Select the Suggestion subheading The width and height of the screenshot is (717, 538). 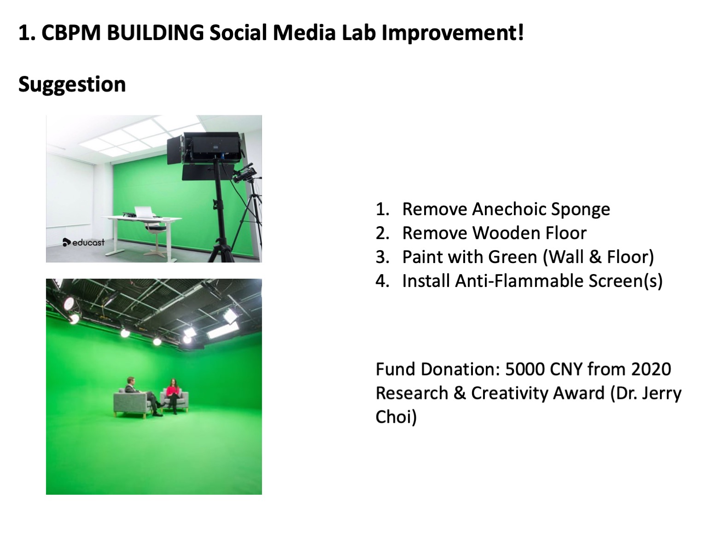point(72,85)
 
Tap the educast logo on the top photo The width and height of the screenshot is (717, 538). point(84,242)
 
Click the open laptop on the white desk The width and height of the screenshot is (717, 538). point(144,213)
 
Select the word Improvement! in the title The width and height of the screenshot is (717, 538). point(453,33)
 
